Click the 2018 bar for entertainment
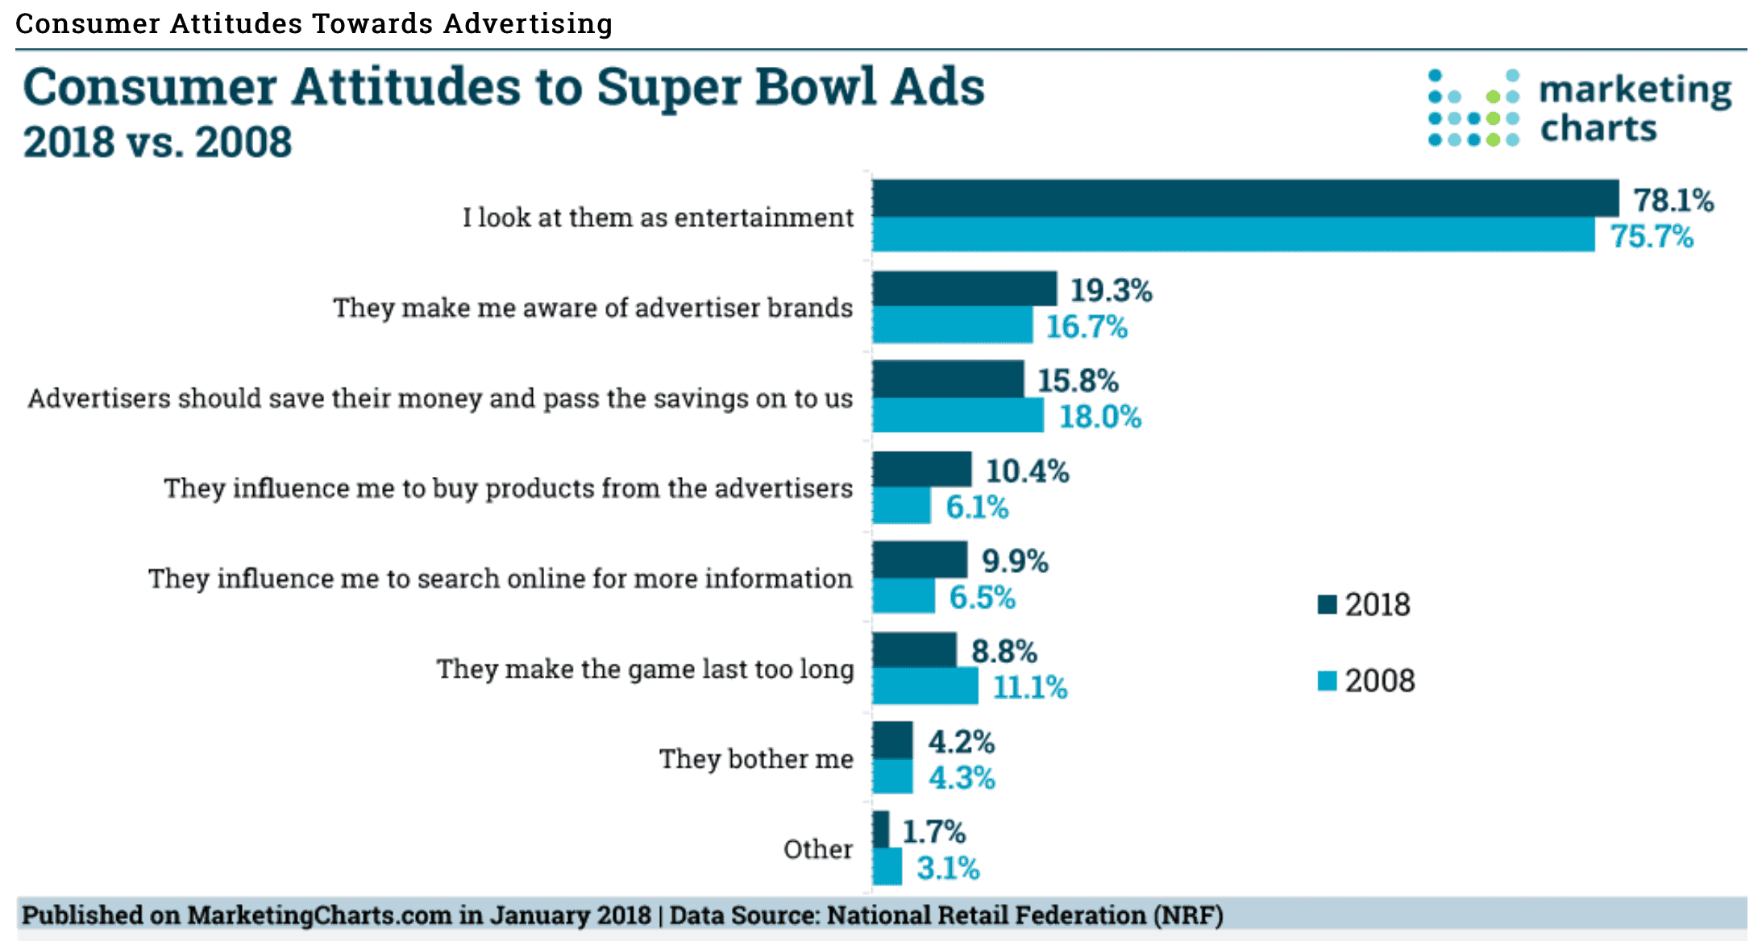(1245, 198)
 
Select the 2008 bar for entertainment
(1233, 234)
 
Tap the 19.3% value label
(1111, 290)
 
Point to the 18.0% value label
(1099, 417)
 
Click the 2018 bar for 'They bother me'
(893, 740)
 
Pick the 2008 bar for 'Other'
(887, 867)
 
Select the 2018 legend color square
(1327, 604)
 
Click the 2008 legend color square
(1327, 681)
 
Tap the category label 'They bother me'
(756, 759)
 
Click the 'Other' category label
(818, 849)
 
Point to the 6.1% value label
(976, 507)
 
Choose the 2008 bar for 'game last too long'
(925, 686)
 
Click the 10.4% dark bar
(922, 470)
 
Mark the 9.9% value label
(1014, 561)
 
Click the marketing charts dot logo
(1473, 108)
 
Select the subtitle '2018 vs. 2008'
(157, 143)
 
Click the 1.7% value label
(933, 831)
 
